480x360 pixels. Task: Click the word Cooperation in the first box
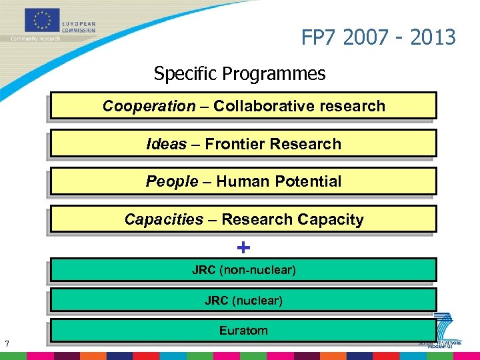point(149,106)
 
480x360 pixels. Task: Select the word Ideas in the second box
point(166,144)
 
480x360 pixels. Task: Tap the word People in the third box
point(172,181)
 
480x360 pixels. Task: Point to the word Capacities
point(164,219)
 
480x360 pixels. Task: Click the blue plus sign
point(243,248)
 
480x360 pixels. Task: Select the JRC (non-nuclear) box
point(243,270)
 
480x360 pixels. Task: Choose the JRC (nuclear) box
point(243,301)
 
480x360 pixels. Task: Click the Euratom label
point(243,330)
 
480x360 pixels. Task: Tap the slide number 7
point(6,344)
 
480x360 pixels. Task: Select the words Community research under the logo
point(35,39)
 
